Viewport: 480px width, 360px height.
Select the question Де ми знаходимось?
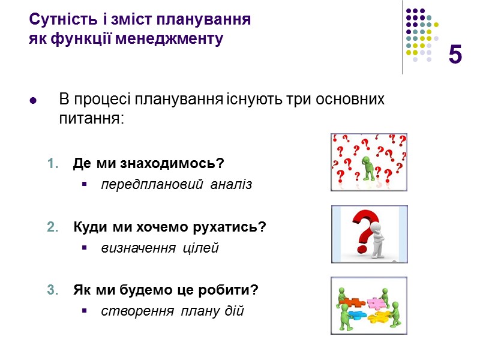(148, 163)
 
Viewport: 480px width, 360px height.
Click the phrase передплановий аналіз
(176, 185)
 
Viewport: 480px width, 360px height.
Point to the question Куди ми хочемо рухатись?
(169, 227)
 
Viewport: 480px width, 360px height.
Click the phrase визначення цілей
(160, 248)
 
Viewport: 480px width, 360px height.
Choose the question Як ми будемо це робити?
(166, 290)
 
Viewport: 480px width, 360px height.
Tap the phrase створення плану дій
(172, 311)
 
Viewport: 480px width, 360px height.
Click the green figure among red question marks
(368, 167)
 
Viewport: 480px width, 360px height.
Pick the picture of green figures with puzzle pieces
(369, 305)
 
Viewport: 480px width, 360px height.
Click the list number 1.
(53, 164)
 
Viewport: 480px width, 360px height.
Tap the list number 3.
(53, 291)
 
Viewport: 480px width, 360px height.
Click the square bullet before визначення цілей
(84, 248)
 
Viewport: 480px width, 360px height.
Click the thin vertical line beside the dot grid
(403, 36)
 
